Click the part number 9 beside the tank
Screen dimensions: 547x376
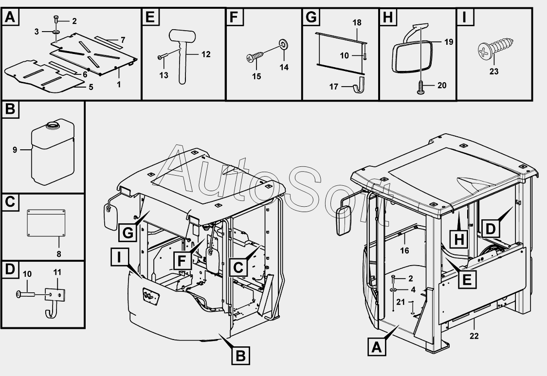[15, 150]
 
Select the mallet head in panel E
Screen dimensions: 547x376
[181, 36]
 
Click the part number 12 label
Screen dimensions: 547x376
[206, 54]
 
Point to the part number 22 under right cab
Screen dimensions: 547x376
[475, 336]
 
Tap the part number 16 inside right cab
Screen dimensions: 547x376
[404, 251]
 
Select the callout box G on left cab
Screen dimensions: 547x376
[128, 233]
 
